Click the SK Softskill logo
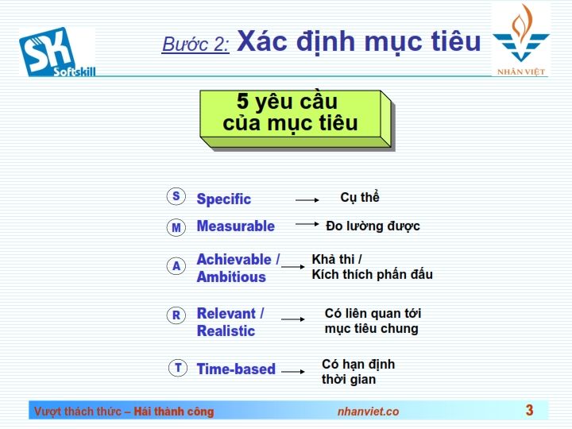pyautogui.click(x=57, y=52)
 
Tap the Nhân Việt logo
pyautogui.click(x=521, y=40)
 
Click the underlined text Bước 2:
pyautogui.click(x=195, y=44)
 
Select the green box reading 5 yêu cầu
pyautogui.click(x=297, y=120)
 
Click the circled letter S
pyautogui.click(x=176, y=196)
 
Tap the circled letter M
pyautogui.click(x=176, y=227)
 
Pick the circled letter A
pyautogui.click(x=176, y=266)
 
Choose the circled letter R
pyautogui.click(x=176, y=315)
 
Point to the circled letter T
pyautogui.click(x=178, y=368)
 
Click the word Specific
pyautogui.click(x=223, y=199)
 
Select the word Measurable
pyautogui.click(x=236, y=226)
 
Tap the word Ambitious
pyautogui.click(x=231, y=277)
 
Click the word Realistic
pyautogui.click(x=226, y=330)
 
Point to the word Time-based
pyautogui.click(x=236, y=369)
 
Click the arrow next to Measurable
pyautogui.click(x=307, y=224)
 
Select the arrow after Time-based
pyautogui.click(x=293, y=372)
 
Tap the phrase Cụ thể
pyautogui.click(x=360, y=197)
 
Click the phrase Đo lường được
pyautogui.click(x=373, y=226)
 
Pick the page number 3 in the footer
pyautogui.click(x=529, y=410)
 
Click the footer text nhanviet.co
pyautogui.click(x=368, y=412)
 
